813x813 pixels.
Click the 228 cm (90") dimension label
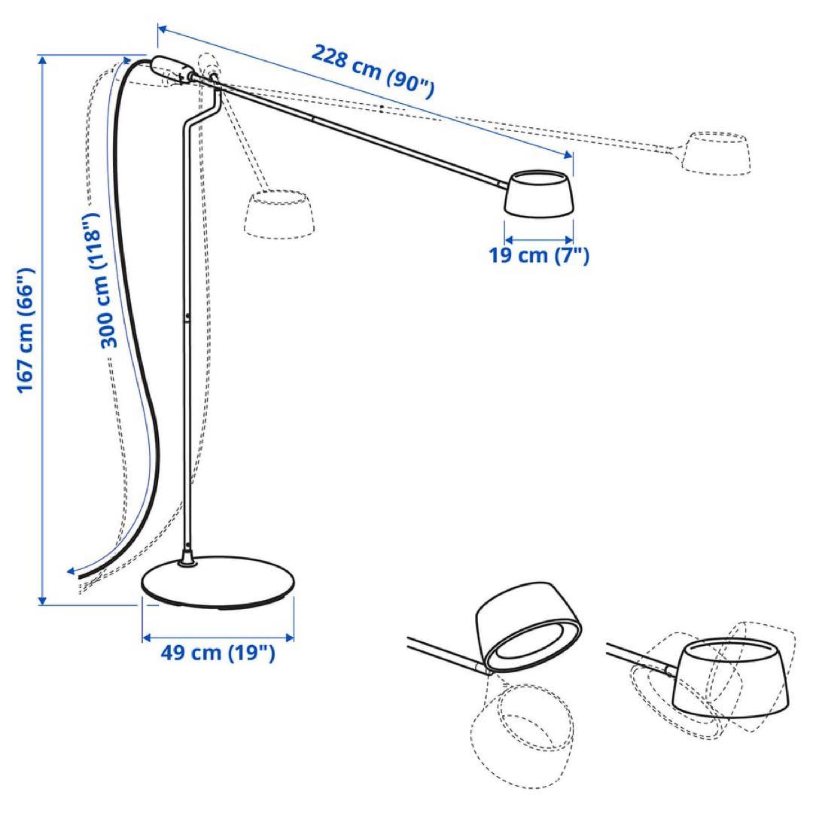(x=373, y=72)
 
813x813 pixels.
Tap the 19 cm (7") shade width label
(x=539, y=255)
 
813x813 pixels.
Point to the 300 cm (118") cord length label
(x=100, y=281)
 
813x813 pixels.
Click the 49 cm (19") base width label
(x=218, y=652)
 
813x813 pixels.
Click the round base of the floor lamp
(x=218, y=582)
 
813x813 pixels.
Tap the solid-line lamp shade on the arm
(x=539, y=193)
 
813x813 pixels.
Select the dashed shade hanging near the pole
(x=280, y=215)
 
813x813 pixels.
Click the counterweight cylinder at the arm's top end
(x=172, y=68)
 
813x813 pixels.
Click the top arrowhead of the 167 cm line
(x=42, y=59)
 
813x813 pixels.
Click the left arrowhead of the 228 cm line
(x=162, y=29)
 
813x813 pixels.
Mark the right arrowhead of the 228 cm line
(x=569, y=154)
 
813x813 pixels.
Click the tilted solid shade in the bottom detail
(x=528, y=627)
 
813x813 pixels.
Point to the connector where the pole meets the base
(x=187, y=555)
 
